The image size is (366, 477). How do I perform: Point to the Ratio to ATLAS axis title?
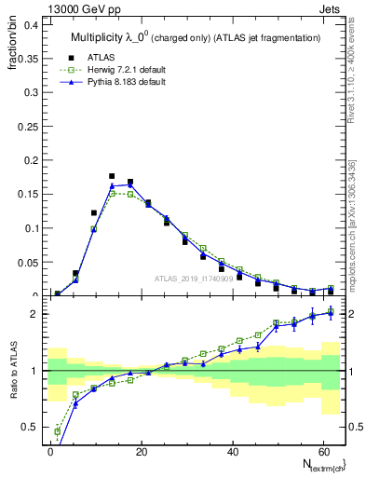click(x=12, y=391)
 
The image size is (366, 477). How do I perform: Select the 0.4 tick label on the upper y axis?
click(x=28, y=25)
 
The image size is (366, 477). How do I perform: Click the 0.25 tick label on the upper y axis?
click(x=25, y=127)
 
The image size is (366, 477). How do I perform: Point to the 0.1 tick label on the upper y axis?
click(x=28, y=228)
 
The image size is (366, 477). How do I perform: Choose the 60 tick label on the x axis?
click(x=321, y=452)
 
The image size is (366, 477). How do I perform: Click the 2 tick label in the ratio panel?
click(x=33, y=314)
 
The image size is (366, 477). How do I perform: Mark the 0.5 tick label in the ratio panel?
click(x=28, y=428)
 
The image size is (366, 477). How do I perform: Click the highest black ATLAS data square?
click(x=112, y=175)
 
